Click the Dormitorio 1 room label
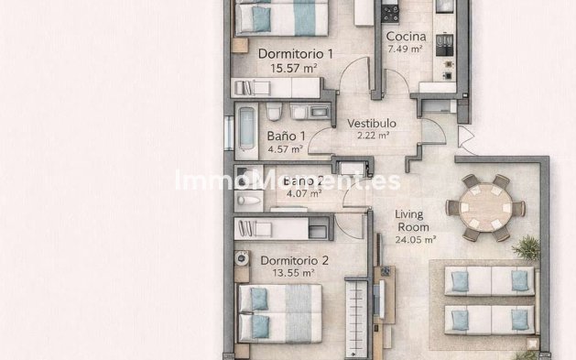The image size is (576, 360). click(x=295, y=53)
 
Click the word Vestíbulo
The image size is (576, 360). click(x=371, y=122)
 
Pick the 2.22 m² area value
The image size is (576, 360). click(x=372, y=135)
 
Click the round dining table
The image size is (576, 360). click(x=485, y=207)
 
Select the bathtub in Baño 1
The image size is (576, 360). click(x=247, y=130)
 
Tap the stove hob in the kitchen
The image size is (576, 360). click(x=391, y=12)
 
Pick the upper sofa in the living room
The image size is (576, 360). click(x=489, y=279)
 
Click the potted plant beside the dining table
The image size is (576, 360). click(x=527, y=246)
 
